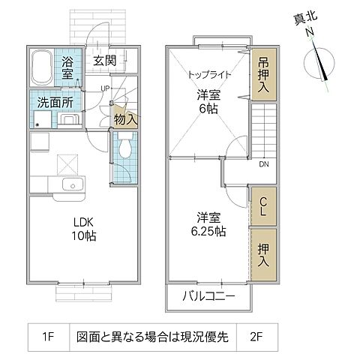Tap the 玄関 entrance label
(105, 61)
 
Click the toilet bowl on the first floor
(124, 148)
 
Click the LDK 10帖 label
(84, 229)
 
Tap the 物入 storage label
(124, 118)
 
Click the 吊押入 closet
(262, 74)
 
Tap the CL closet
(264, 204)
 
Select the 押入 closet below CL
(264, 255)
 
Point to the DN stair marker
(264, 163)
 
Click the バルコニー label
(209, 295)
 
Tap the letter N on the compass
(307, 33)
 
